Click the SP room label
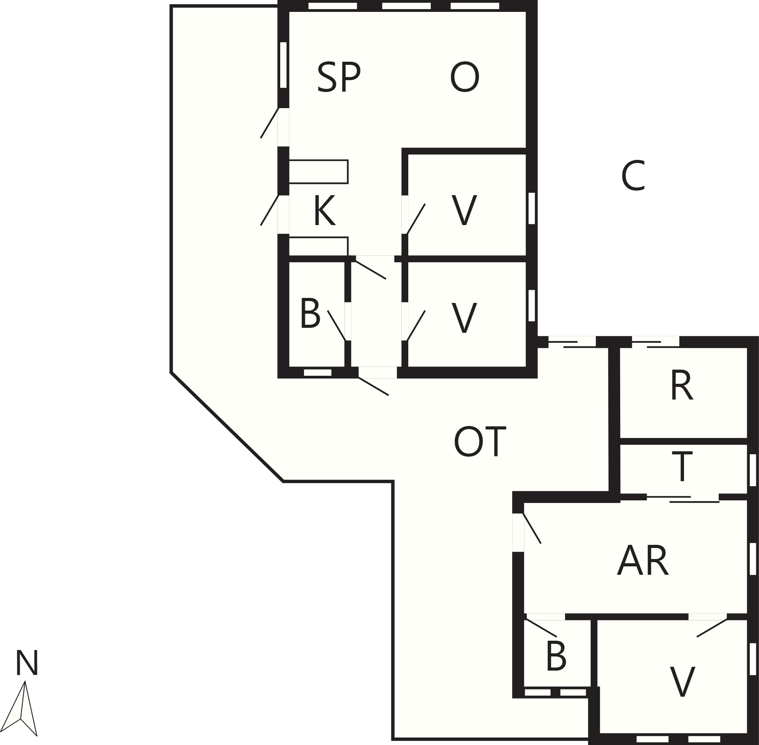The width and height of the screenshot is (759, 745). click(x=339, y=77)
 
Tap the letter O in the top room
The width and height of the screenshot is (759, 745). click(x=464, y=77)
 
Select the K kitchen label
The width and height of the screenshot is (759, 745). click(x=325, y=211)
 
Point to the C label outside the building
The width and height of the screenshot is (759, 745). click(x=632, y=176)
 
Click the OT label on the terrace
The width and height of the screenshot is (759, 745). click(x=480, y=442)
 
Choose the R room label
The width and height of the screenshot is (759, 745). click(x=682, y=385)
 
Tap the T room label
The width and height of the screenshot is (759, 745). click(x=682, y=467)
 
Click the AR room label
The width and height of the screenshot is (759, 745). click(x=643, y=560)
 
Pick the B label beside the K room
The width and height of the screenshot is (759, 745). click(x=310, y=314)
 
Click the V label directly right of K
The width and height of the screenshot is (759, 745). click(x=464, y=211)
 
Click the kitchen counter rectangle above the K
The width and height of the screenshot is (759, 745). click(x=319, y=171)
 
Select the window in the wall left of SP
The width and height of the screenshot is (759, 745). click(x=283, y=65)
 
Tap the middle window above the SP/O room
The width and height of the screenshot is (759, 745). click(x=406, y=6)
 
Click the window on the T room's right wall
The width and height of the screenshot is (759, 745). click(x=753, y=470)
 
